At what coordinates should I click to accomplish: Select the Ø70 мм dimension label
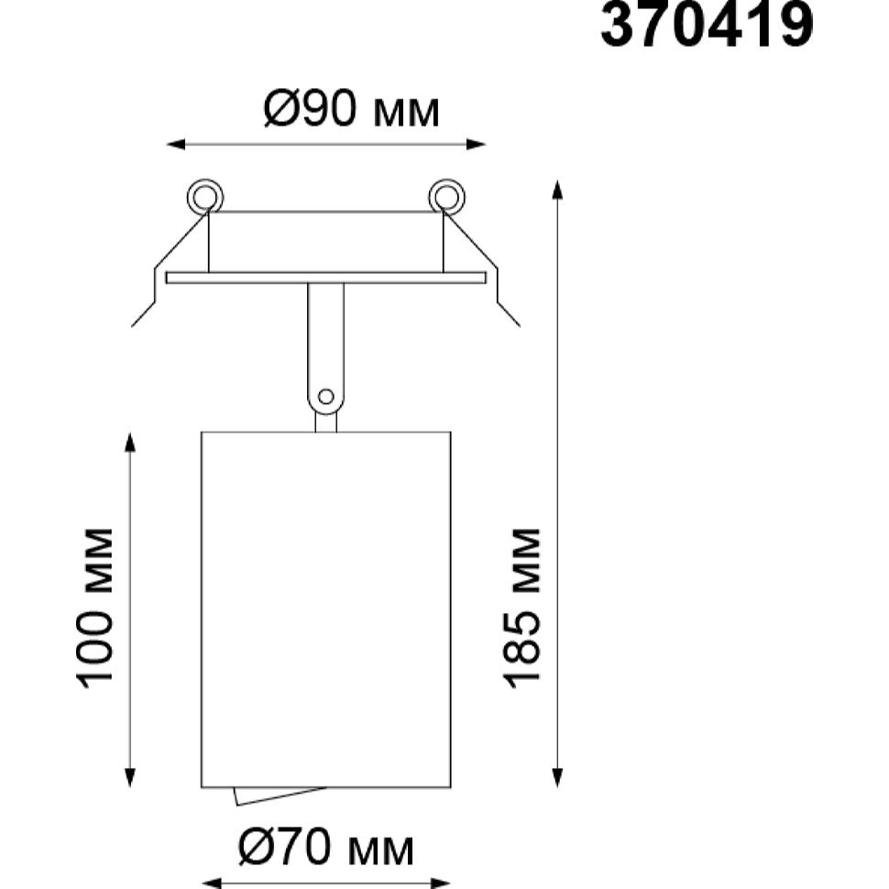326,848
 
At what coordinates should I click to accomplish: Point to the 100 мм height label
94,609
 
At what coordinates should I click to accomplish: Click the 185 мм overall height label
521,609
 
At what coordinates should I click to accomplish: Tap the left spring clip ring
204,197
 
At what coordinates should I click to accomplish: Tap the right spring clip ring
446,197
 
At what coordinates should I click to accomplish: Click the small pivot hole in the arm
326,396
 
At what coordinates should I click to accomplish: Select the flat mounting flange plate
326,278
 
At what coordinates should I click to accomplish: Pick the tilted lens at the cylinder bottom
278,795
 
